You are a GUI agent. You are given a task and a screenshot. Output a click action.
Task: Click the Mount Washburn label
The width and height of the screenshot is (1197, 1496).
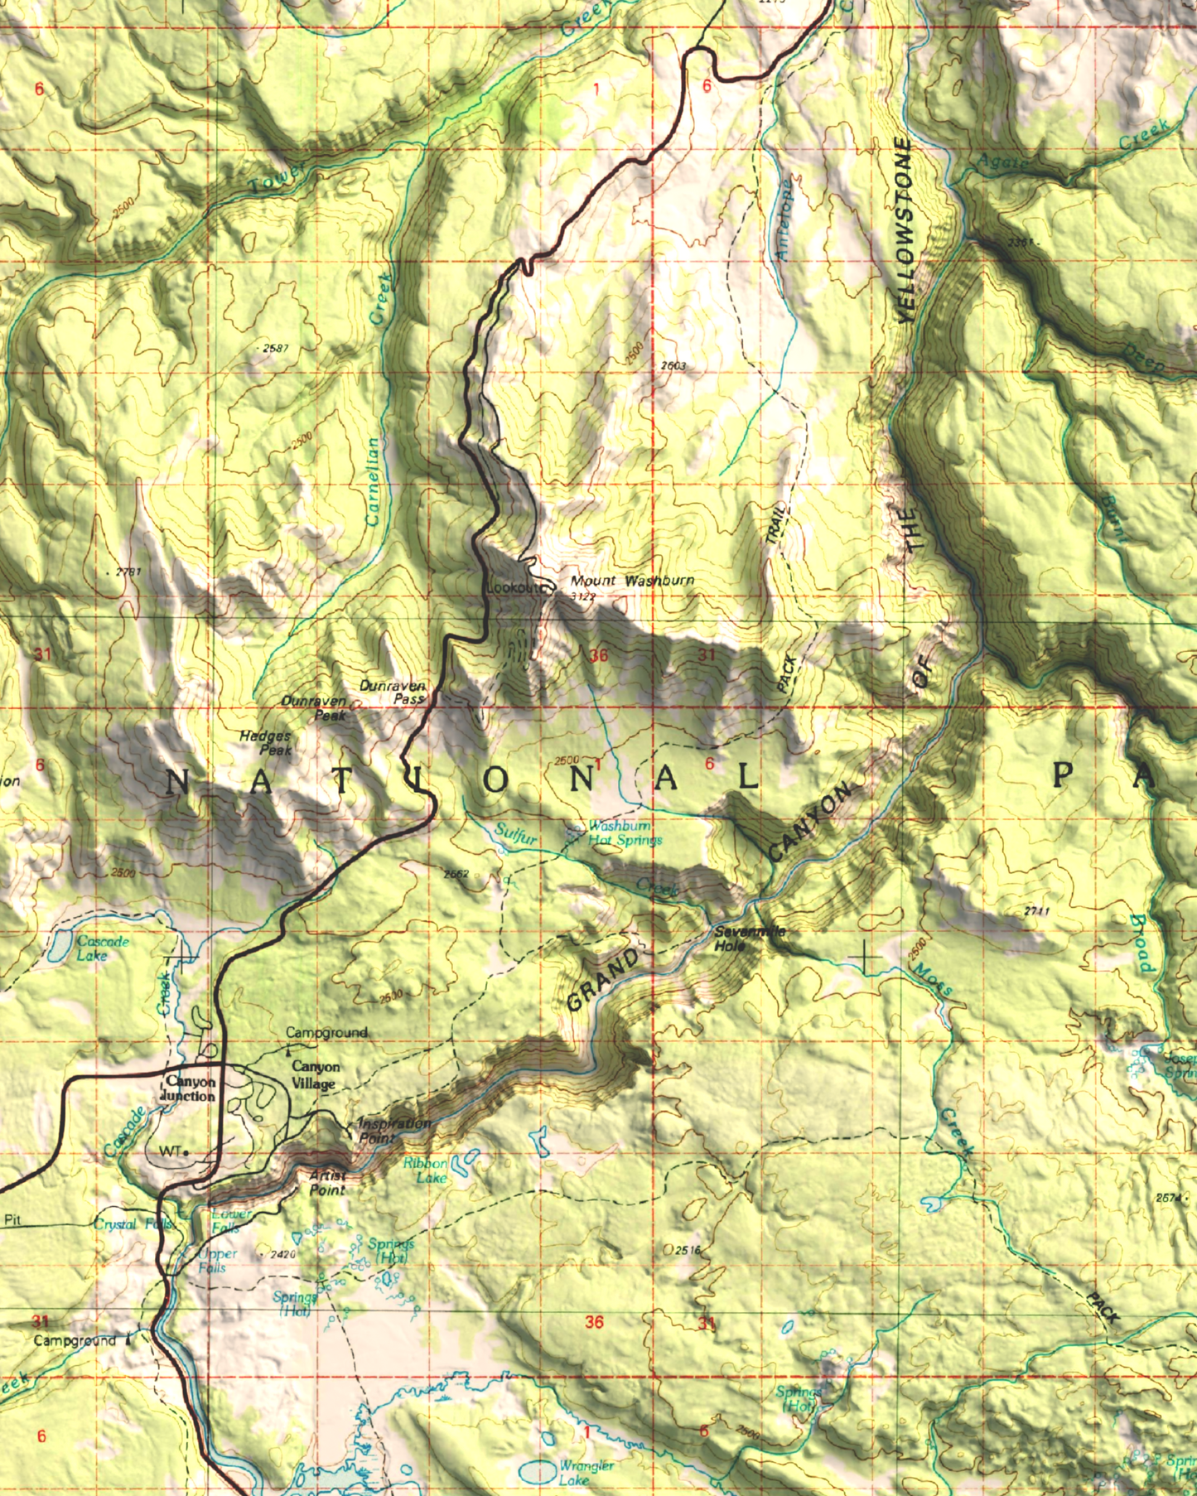click(632, 581)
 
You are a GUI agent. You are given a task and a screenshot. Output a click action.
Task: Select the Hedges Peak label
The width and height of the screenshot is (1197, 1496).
click(267, 742)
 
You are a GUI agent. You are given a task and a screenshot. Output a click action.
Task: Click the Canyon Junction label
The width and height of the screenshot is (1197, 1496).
click(190, 1088)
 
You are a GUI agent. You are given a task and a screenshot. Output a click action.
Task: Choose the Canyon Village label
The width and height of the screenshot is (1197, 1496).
click(315, 1075)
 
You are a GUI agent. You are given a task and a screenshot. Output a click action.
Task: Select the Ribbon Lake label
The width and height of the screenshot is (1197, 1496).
click(426, 1170)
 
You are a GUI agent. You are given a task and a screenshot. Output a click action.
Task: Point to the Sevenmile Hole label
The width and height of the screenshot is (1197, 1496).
click(748, 939)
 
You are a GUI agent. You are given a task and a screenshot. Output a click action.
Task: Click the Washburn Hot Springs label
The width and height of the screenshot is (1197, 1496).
click(624, 833)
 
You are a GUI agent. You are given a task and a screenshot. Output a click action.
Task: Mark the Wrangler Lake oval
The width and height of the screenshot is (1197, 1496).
click(538, 1471)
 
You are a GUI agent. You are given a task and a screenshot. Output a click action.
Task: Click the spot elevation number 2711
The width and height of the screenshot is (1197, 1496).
click(1036, 911)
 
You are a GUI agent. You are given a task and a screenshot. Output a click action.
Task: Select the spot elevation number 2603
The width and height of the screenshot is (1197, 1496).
click(673, 365)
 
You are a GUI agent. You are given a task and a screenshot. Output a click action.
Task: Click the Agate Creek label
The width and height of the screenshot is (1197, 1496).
click(1002, 162)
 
